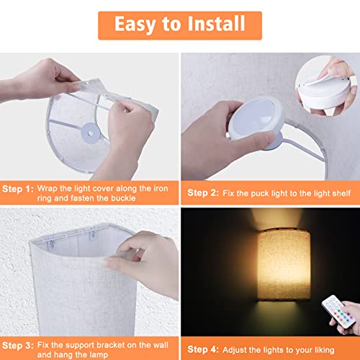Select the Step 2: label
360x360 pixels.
tap(204, 192)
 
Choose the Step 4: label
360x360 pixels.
tap(204, 328)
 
